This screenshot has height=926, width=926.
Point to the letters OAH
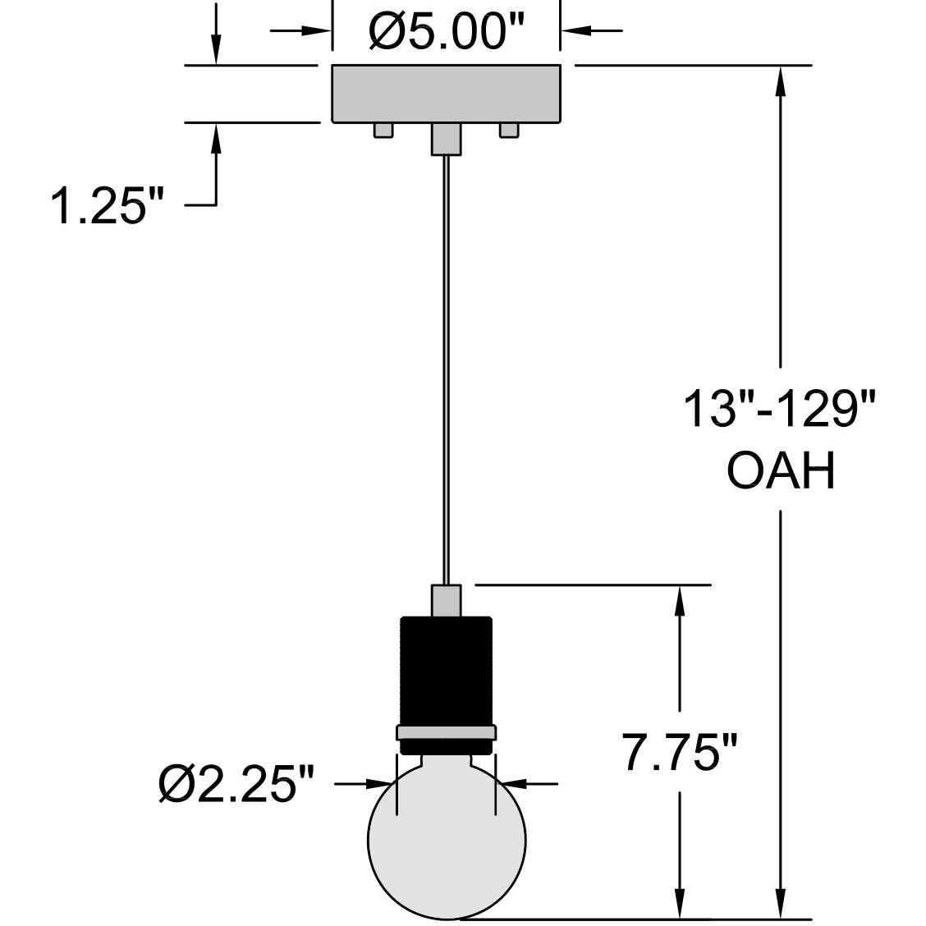point(781,471)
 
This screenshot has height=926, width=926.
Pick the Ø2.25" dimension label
point(238,785)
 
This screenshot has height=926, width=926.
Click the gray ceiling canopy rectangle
point(446,94)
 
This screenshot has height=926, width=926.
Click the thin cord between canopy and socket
point(446,369)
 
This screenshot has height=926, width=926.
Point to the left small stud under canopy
point(383,131)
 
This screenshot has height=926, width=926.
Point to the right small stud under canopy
point(509,131)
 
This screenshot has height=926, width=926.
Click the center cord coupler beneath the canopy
point(446,139)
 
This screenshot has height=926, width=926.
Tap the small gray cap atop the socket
point(446,600)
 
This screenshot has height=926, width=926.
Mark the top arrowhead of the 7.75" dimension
point(680,600)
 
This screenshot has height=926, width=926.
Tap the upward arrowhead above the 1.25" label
point(217,138)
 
